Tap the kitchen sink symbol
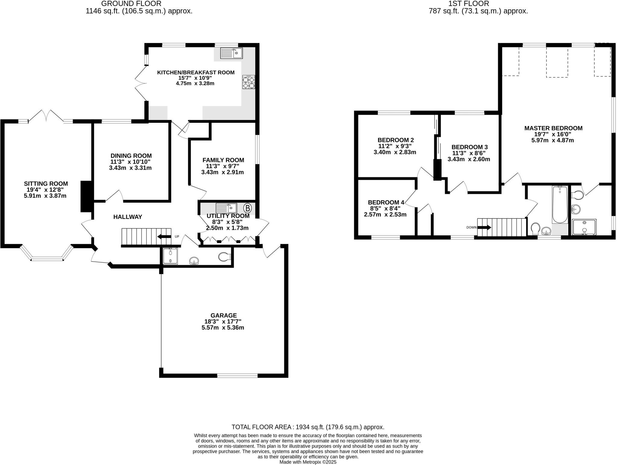click(231, 53)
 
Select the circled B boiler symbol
click(247, 208)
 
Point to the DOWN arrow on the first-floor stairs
click(484, 227)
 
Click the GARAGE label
click(224, 315)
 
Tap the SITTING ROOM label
click(46, 183)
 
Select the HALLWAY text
click(128, 217)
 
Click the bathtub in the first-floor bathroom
click(560, 205)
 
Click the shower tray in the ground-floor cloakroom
click(170, 256)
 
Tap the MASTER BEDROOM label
click(553, 128)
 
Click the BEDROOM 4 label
click(386, 202)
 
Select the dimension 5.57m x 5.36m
click(223, 328)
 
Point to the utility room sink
click(226, 208)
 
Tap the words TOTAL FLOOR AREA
click(261, 427)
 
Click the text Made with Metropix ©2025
click(308, 462)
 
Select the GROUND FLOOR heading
click(131, 4)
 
